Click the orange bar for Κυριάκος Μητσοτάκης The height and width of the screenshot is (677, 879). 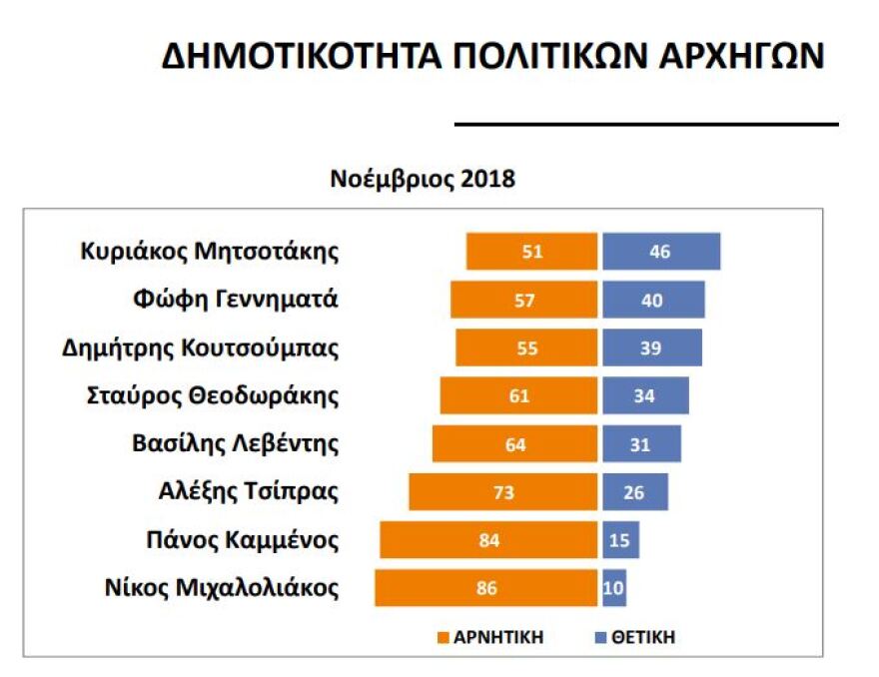tap(531, 252)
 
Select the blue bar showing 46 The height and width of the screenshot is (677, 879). tap(660, 252)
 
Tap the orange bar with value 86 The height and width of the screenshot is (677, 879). tap(486, 587)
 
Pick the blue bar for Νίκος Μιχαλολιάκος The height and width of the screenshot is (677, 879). tap(614, 587)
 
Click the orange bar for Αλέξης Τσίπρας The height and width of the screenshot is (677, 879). tap(503, 491)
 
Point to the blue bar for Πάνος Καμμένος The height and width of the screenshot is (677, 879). tap(620, 540)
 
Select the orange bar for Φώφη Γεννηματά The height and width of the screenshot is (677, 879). tap(524, 300)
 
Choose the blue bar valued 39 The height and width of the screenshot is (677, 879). tap(651, 347)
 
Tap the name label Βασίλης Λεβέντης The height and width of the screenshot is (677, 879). tap(236, 443)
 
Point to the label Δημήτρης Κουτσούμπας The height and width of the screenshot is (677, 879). tap(201, 347)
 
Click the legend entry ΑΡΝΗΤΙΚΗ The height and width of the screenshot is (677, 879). tap(489, 637)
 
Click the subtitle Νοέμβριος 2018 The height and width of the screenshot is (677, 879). tap(423, 180)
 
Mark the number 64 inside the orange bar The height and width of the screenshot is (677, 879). tap(515, 444)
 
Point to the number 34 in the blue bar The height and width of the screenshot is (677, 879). tap(644, 396)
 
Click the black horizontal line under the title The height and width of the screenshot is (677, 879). tap(646, 124)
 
